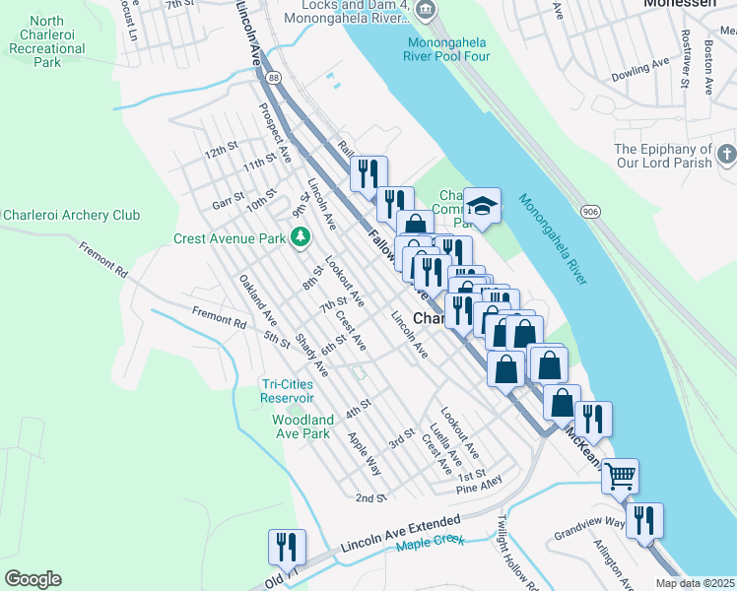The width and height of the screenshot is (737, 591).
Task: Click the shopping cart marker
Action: (620, 477)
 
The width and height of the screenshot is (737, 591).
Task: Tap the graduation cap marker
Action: (482, 206)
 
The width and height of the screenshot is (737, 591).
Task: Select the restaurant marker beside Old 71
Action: (287, 547)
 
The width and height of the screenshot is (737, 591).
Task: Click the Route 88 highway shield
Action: (272, 77)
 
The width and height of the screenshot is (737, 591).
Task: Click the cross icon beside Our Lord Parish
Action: (726, 155)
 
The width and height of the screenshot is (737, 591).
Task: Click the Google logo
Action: (33, 578)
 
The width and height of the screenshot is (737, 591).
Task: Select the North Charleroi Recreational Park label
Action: (46, 41)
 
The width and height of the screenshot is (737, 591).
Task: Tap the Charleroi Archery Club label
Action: (71, 216)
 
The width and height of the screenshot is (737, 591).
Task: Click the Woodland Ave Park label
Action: (301, 427)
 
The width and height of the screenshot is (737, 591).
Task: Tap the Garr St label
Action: (228, 203)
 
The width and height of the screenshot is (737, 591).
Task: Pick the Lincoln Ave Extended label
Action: (400, 533)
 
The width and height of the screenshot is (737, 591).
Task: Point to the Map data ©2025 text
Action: (694, 583)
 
